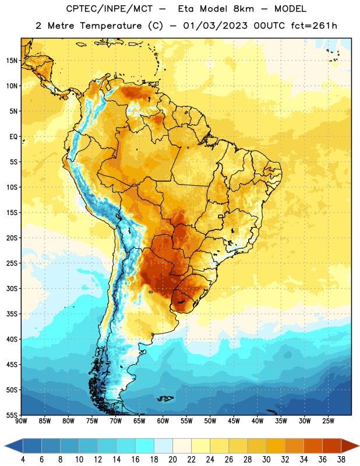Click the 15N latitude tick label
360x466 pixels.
click(12, 61)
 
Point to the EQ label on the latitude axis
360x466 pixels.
click(13, 137)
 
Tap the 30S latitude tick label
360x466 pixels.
click(12, 288)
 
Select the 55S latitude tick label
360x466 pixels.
click(12, 415)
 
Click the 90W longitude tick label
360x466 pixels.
click(21, 421)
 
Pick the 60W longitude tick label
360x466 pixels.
click(163, 421)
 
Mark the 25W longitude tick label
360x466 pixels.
click(328, 421)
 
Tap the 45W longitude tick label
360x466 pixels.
click(234, 421)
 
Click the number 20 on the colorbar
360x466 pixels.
click(172, 460)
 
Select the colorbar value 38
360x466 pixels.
click(341, 460)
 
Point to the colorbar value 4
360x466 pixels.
click(23, 460)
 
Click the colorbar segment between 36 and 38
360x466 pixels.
click(332, 446)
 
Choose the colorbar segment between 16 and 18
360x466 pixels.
click(144, 446)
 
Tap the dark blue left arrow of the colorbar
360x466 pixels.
click(14, 446)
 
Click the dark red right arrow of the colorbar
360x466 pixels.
click(350, 446)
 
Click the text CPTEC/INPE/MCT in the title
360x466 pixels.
click(110, 9)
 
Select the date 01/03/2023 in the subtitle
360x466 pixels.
click(215, 26)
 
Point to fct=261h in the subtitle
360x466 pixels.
click(314, 26)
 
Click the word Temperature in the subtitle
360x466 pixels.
click(111, 26)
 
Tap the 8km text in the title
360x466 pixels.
click(243, 9)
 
